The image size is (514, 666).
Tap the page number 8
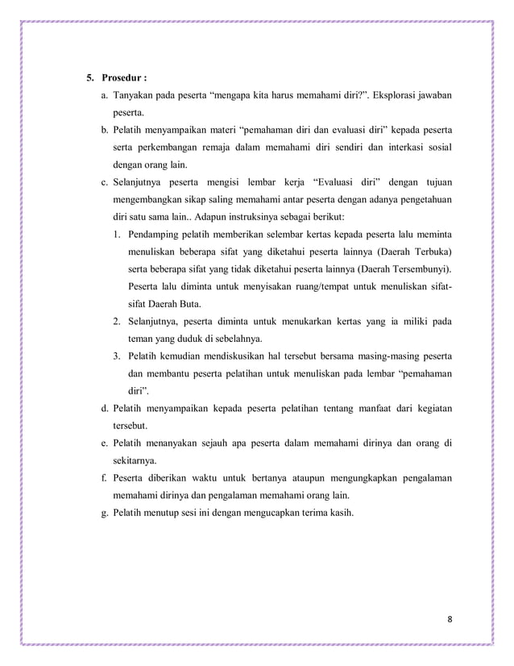(x=450, y=618)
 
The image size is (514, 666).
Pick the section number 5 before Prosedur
(x=89, y=78)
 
